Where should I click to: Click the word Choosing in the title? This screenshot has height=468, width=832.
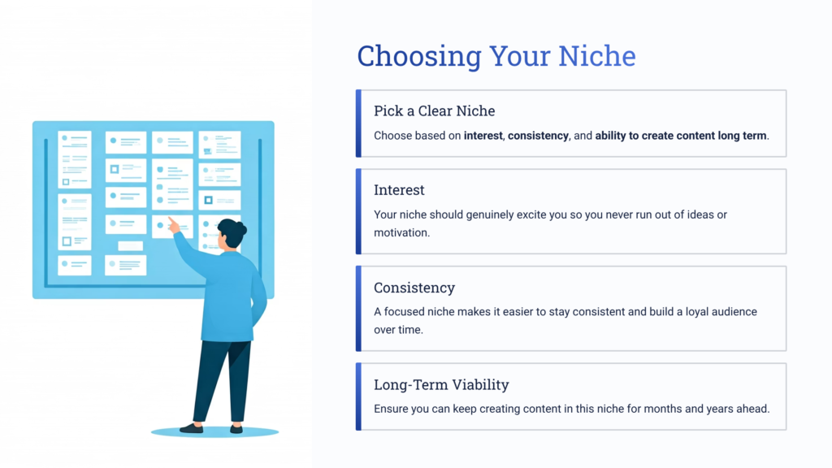click(x=419, y=57)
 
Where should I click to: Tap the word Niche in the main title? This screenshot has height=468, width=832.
click(x=596, y=57)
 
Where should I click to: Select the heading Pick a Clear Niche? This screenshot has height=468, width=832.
click(x=434, y=110)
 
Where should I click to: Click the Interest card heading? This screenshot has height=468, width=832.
click(x=399, y=190)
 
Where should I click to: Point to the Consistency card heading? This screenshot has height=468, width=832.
click(x=414, y=288)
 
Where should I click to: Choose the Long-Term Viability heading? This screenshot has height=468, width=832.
click(x=441, y=384)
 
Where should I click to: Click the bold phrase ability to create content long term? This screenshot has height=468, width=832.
click(x=681, y=136)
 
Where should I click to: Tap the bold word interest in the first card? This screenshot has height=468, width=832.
click(x=483, y=136)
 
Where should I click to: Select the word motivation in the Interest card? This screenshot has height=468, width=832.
click(x=401, y=233)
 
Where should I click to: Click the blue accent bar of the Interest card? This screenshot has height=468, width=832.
click(x=358, y=211)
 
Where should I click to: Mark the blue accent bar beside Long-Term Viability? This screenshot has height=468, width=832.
click(x=358, y=396)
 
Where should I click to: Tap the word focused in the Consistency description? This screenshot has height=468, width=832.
click(x=407, y=312)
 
